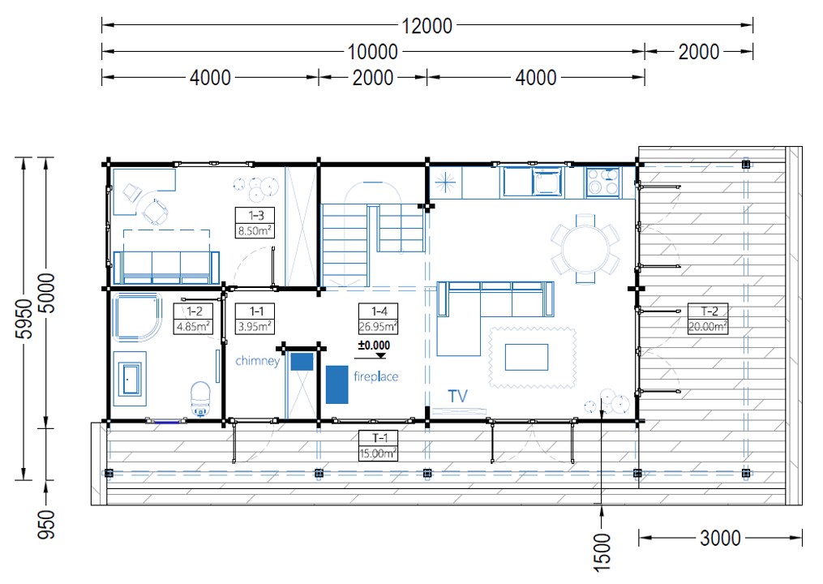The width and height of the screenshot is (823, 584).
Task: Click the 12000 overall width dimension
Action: (427, 26)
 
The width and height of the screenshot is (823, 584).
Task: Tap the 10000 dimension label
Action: (373, 52)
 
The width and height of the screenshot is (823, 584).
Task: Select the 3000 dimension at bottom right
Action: (720, 538)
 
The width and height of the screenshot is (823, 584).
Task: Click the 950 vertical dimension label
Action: (46, 524)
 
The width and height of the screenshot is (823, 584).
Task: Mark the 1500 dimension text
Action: (602, 552)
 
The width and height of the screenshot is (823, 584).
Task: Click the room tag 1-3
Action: (255, 215)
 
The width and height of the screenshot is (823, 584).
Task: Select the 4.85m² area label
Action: (193, 326)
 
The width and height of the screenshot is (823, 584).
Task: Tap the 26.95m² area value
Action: (378, 326)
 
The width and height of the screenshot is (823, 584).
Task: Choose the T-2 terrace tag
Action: (708, 311)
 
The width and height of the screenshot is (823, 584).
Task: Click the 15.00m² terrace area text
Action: (378, 453)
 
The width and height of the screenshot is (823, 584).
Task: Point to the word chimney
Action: (258, 361)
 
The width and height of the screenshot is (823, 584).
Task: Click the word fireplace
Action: (375, 376)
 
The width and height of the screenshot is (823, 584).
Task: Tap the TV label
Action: (457, 396)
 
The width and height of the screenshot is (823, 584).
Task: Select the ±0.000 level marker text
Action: (374, 345)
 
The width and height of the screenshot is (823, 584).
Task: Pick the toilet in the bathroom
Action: (200, 398)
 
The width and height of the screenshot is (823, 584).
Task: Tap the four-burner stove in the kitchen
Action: (602, 182)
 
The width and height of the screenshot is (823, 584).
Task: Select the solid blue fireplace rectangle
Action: (337, 384)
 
